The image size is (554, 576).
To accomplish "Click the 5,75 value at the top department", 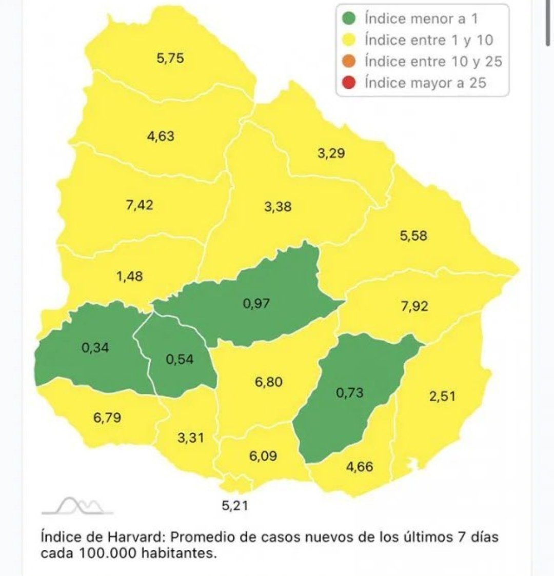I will pyautogui.click(x=170, y=58).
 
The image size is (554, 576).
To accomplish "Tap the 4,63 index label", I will pyautogui.click(x=161, y=136).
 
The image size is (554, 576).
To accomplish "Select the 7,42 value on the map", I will pyautogui.click(x=140, y=205).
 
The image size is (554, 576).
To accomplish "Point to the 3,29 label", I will pyautogui.click(x=331, y=153).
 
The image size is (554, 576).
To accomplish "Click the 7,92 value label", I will pyautogui.click(x=413, y=306).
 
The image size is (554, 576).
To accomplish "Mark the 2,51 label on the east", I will pyautogui.click(x=442, y=396).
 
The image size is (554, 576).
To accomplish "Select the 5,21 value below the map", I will pyautogui.click(x=235, y=505).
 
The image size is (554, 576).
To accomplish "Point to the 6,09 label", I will pyautogui.click(x=263, y=455).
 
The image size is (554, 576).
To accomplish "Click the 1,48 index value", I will pyautogui.click(x=129, y=276).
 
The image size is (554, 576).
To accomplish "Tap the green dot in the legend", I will pyautogui.click(x=350, y=19).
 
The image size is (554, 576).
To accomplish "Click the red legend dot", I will pyautogui.click(x=350, y=83).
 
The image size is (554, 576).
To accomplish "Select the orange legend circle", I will pyautogui.click(x=350, y=62).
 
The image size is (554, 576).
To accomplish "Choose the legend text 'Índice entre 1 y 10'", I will pyautogui.click(x=429, y=40).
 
